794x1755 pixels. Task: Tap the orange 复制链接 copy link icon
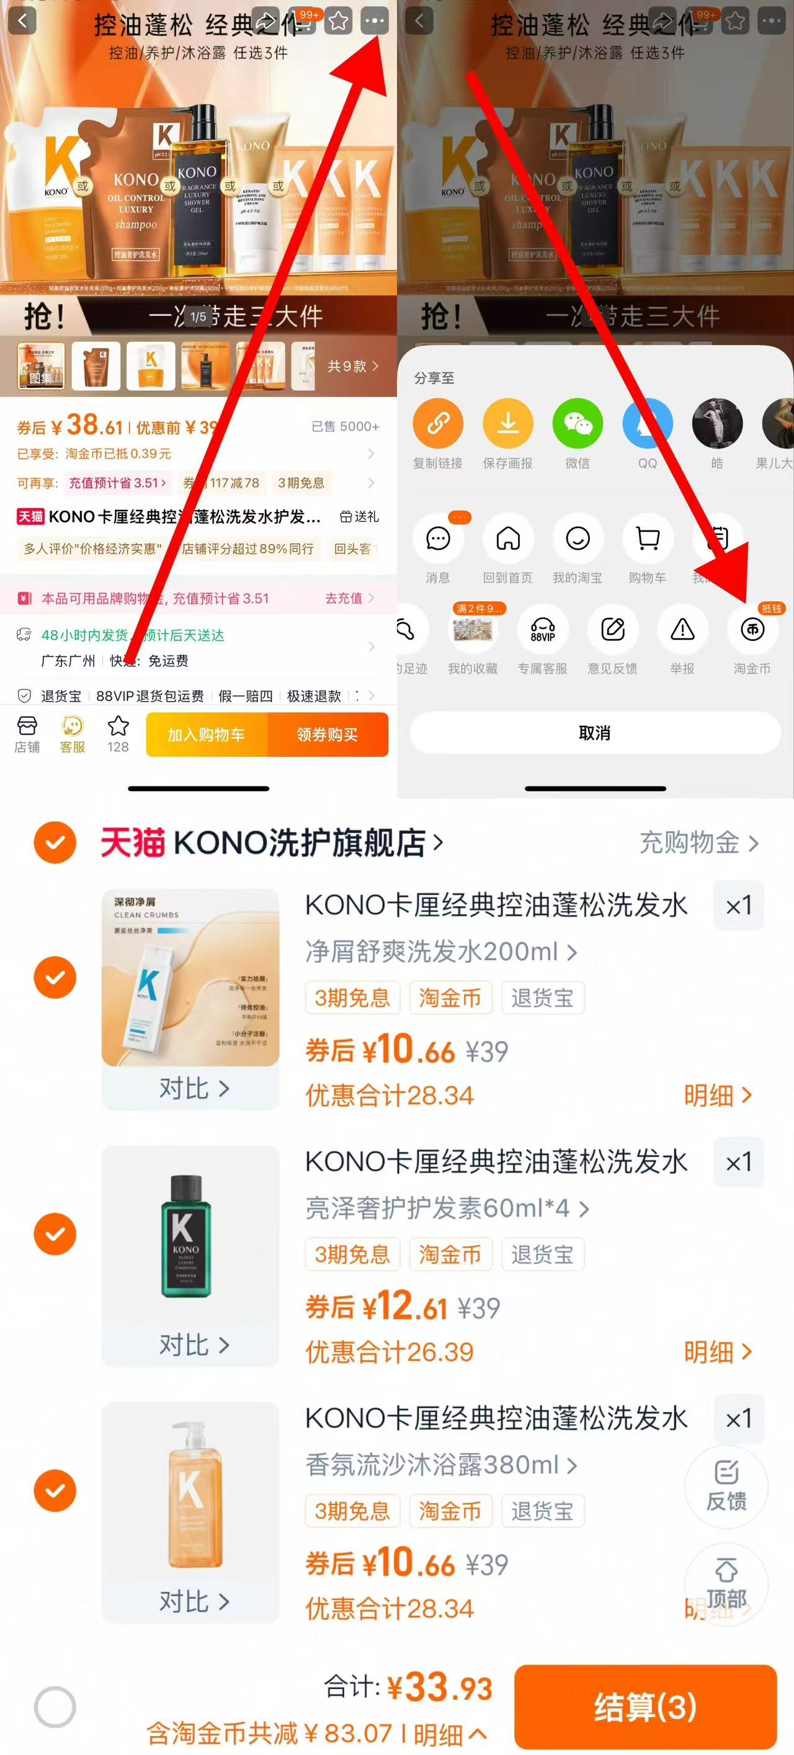tap(437, 424)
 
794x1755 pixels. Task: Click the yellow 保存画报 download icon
tap(507, 424)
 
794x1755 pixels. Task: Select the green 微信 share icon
tap(577, 424)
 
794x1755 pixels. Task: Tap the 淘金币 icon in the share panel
tap(752, 630)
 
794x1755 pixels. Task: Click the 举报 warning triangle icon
tap(682, 630)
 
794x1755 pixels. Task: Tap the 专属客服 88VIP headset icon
tap(542, 630)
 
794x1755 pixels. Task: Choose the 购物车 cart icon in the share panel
tap(647, 539)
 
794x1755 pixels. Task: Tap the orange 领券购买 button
tap(328, 735)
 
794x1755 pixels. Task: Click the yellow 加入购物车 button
tap(207, 735)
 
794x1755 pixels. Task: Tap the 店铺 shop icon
tap(27, 734)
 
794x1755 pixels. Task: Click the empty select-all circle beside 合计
tap(55, 1706)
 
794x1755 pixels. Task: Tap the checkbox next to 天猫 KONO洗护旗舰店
tap(55, 842)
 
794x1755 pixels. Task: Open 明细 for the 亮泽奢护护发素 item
tap(717, 1352)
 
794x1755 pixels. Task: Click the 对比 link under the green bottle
tap(194, 1345)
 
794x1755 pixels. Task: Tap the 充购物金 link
tap(698, 842)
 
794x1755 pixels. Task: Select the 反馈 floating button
tap(726, 1486)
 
